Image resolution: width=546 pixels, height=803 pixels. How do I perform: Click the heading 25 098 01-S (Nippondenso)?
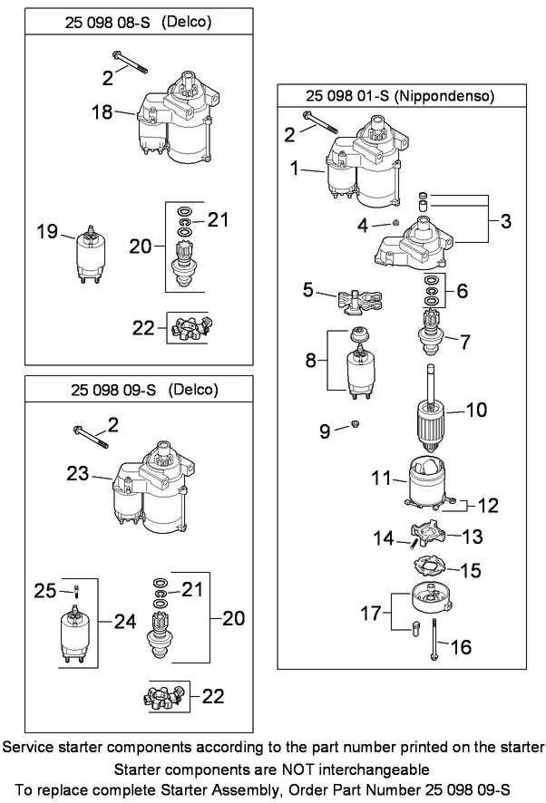401,95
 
